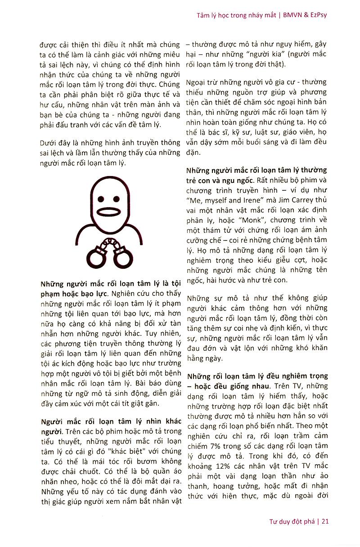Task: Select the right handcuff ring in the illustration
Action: [122, 258]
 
